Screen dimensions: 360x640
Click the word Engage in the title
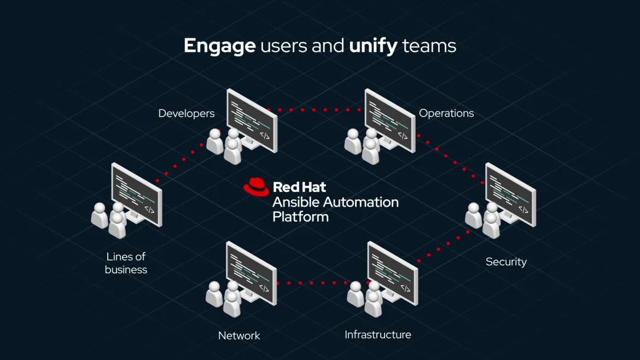(219, 46)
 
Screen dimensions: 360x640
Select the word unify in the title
(373, 46)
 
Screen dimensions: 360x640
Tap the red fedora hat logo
(256, 186)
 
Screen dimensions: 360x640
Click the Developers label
(186, 113)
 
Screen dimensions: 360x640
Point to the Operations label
(446, 113)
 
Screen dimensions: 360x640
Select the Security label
(506, 262)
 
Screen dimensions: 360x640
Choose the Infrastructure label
(377, 334)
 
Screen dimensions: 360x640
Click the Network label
(239, 335)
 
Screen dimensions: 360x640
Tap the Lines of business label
(126, 263)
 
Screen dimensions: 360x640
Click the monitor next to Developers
(251, 120)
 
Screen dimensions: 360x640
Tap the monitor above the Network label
(251, 272)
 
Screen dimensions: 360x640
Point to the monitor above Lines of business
(136, 194)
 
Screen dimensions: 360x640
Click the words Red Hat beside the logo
(299, 187)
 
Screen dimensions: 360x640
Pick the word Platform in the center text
(300, 217)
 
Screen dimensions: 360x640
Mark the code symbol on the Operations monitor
(403, 135)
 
